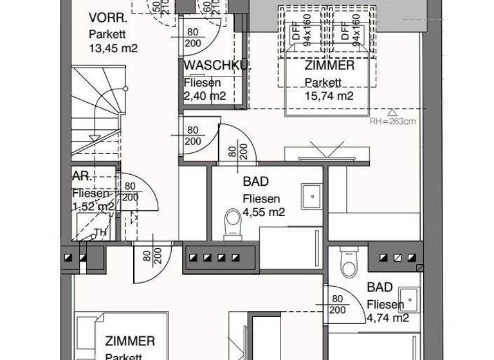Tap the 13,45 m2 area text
click(113, 48)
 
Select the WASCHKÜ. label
click(216, 66)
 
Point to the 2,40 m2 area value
click(205, 96)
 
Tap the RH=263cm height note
click(393, 120)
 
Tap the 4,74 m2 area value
click(388, 318)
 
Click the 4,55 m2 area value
click(264, 212)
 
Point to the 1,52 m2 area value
click(93, 207)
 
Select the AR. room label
click(80, 176)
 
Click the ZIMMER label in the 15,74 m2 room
click(329, 66)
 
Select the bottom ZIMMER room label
click(130, 341)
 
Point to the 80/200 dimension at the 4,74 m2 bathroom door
click(336, 304)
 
